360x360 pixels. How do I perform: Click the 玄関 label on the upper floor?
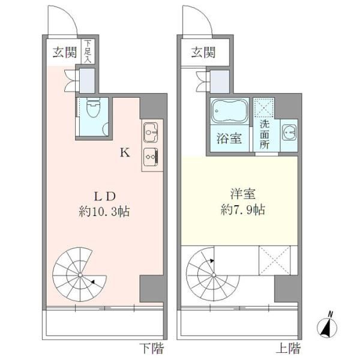pyautogui.click(x=203, y=52)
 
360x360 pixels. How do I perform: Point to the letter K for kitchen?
pyautogui.click(x=125, y=152)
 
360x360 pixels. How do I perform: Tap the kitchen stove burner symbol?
pyautogui.click(x=150, y=156)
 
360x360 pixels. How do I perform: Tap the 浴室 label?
pyautogui.click(x=230, y=138)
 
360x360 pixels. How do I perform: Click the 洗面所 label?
pyautogui.click(x=264, y=136)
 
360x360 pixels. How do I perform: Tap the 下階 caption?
pyautogui.click(x=152, y=349)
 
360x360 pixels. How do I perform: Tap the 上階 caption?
pyautogui.click(x=289, y=349)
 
